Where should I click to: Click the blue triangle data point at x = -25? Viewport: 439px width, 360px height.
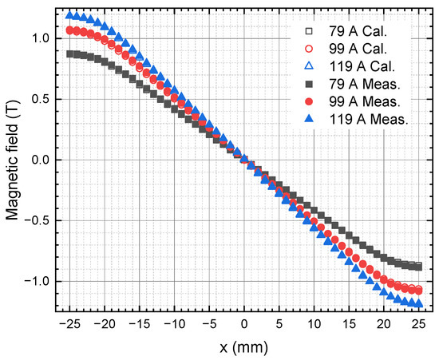tap(70, 15)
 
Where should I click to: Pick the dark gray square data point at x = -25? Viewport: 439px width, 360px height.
tap(70, 54)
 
